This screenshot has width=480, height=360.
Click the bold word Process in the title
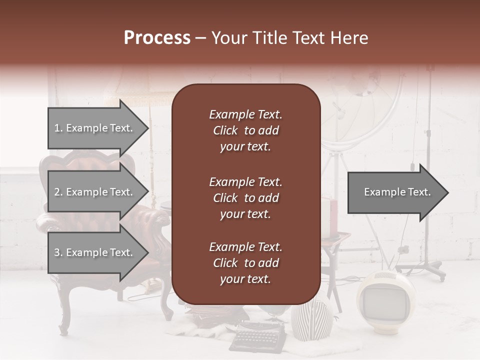[157, 38]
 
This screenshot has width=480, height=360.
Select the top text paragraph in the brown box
[245, 130]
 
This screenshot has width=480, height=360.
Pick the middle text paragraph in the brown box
[245, 197]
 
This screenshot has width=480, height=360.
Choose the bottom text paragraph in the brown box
[245, 263]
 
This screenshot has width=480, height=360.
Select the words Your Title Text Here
[289, 38]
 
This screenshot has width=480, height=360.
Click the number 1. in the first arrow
[58, 128]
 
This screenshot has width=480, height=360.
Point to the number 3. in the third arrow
[58, 253]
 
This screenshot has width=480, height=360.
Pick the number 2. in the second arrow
[58, 192]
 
